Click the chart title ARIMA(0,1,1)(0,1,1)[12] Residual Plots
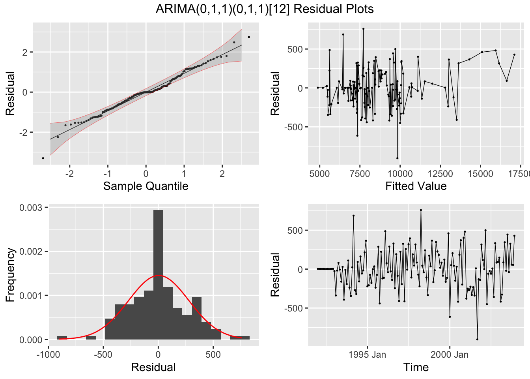tap(265, 9)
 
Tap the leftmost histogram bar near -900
tap(62, 338)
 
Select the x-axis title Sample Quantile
tap(146, 186)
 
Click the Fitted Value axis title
tap(416, 186)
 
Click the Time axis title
tap(416, 367)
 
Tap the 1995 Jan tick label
tap(367, 355)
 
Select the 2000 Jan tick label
tap(449, 355)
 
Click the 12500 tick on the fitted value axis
tap(440, 174)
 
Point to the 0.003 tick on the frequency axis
tap(34, 208)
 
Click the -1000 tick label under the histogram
tap(48, 355)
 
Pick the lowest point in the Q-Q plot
tap(43, 158)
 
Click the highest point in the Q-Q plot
tap(249, 37)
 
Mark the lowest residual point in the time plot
tap(477, 339)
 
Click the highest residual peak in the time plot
tap(421, 210)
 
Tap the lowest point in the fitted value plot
tap(397, 158)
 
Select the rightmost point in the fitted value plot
tap(514, 54)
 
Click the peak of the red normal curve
tap(158, 275)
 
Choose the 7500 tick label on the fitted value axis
tap(360, 174)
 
